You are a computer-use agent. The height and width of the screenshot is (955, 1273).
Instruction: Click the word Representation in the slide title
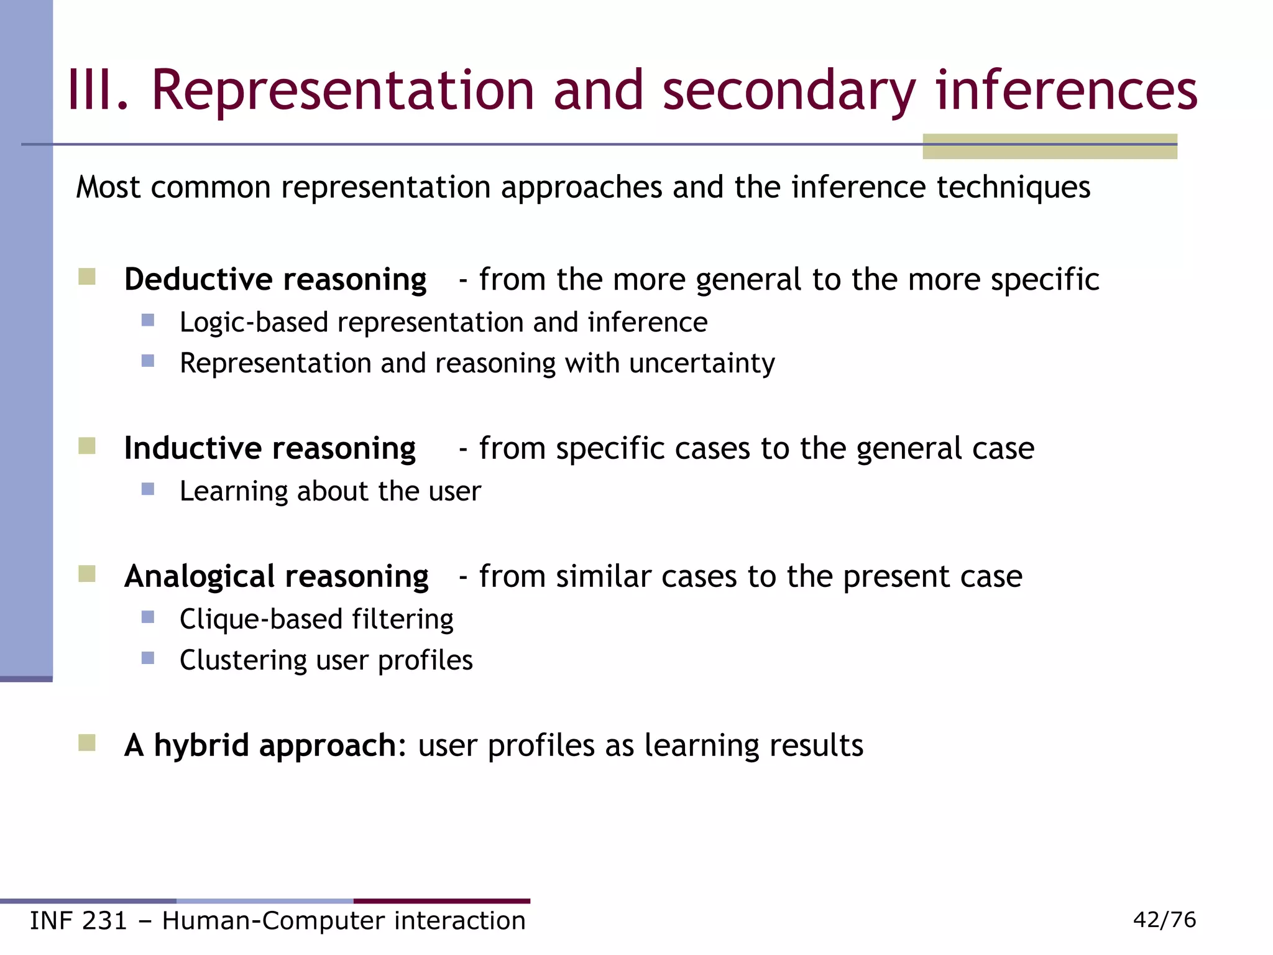click(342, 91)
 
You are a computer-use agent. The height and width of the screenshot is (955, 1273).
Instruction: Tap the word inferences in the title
click(1067, 91)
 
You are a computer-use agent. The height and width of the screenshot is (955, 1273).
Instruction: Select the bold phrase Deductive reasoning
click(275, 279)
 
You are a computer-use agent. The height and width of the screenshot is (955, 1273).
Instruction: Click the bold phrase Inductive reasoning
click(270, 448)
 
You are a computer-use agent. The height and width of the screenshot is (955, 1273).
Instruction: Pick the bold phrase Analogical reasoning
click(276, 576)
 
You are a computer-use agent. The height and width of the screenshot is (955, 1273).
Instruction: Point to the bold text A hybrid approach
click(260, 745)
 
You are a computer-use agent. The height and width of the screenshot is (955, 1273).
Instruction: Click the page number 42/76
click(1164, 920)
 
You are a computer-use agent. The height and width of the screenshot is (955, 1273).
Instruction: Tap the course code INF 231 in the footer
click(78, 921)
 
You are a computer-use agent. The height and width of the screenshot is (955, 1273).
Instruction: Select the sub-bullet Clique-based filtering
click(316, 619)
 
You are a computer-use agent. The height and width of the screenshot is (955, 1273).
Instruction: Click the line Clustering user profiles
click(326, 660)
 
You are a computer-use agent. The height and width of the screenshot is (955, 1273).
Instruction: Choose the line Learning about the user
click(330, 491)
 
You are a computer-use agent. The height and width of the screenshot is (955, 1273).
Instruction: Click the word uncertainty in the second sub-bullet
click(702, 363)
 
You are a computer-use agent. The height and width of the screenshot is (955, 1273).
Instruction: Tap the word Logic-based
click(254, 323)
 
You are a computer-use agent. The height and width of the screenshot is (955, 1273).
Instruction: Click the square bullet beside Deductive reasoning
click(87, 277)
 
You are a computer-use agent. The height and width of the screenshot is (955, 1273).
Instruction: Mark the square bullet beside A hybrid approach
click(87, 743)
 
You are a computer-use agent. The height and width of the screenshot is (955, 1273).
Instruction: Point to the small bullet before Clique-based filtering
click(148, 617)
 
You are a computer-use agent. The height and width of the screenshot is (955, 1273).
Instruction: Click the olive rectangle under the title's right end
click(1049, 147)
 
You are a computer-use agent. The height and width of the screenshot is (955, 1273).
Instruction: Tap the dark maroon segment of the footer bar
click(442, 901)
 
